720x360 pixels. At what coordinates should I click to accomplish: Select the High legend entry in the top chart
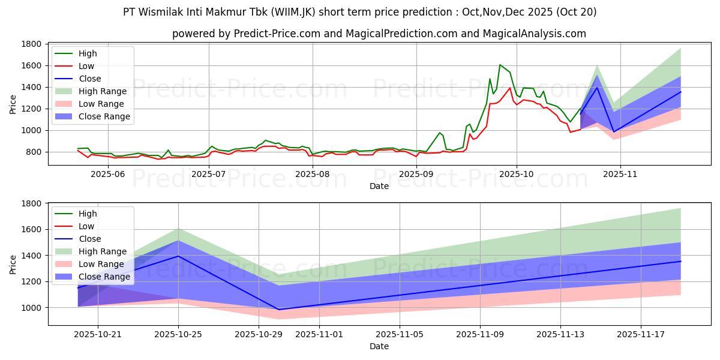[88, 53]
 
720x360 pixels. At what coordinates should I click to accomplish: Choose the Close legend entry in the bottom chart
[90, 239]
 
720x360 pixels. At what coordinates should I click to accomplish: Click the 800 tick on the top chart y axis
[35, 152]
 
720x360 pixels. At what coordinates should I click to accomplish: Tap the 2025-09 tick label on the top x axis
[416, 173]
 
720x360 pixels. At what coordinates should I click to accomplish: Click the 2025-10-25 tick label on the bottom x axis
[178, 334]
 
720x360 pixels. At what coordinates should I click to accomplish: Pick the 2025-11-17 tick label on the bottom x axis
[641, 334]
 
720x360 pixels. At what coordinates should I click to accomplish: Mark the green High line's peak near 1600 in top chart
[500, 65]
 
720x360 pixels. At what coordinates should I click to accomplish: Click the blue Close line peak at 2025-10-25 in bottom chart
[178, 256]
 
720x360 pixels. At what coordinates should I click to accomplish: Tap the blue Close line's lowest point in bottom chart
[278, 310]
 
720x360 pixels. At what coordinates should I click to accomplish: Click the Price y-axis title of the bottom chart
[13, 264]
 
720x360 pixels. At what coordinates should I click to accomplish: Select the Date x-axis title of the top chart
[379, 186]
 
